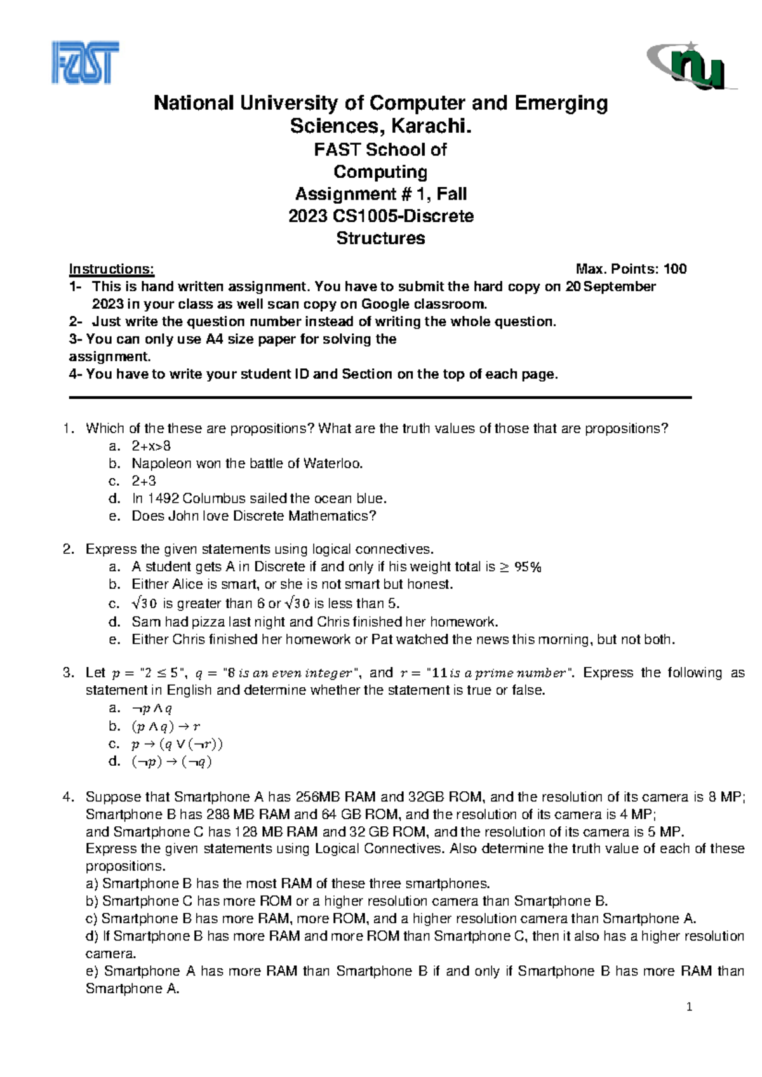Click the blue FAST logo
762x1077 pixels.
point(85,63)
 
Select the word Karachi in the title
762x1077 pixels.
point(431,126)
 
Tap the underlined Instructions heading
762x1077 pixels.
point(111,269)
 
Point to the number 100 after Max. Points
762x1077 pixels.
point(675,269)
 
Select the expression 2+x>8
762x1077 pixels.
point(151,446)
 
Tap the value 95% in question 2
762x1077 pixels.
point(527,567)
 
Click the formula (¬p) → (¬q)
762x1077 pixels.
point(171,762)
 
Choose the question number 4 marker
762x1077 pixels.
point(69,797)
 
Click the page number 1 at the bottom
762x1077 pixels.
point(690,1007)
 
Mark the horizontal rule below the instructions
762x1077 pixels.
point(380,398)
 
